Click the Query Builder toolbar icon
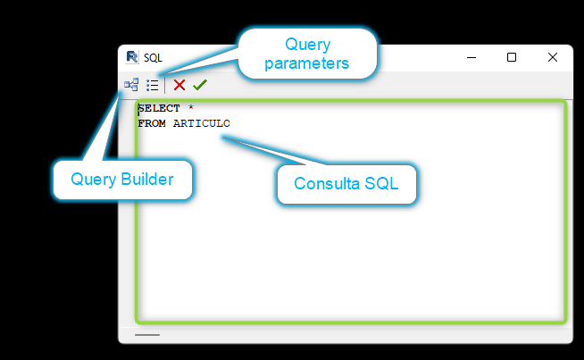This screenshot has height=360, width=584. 131,85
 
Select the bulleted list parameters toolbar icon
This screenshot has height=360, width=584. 153,86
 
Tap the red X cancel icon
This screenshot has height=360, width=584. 179,85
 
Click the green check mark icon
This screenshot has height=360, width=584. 200,85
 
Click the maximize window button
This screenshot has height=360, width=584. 512,57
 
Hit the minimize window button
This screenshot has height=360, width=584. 471,58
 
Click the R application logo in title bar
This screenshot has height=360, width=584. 132,57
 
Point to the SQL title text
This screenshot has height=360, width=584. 153,58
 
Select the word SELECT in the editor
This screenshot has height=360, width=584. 159,108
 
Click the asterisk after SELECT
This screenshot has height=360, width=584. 191,107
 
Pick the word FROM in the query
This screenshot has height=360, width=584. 152,123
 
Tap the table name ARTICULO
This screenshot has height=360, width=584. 202,123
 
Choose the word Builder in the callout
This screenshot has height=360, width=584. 147,180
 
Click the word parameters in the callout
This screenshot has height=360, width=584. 307,63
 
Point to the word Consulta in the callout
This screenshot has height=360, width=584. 327,183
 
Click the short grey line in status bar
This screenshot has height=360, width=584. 147,335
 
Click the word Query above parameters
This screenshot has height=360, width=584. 308,45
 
